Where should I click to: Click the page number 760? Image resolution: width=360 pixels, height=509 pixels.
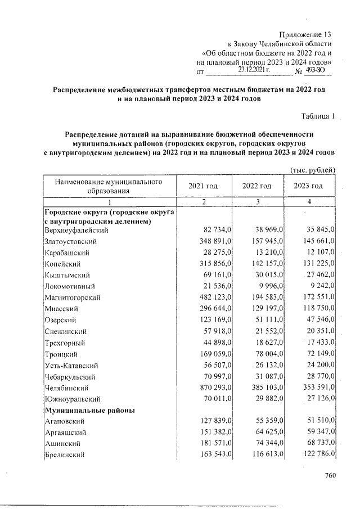pos(330,476)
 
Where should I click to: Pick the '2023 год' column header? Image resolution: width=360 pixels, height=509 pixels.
pos(309,186)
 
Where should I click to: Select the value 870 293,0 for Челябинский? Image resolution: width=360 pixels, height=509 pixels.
pos(216,388)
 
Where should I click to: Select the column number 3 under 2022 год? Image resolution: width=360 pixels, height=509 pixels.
pos(256,202)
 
